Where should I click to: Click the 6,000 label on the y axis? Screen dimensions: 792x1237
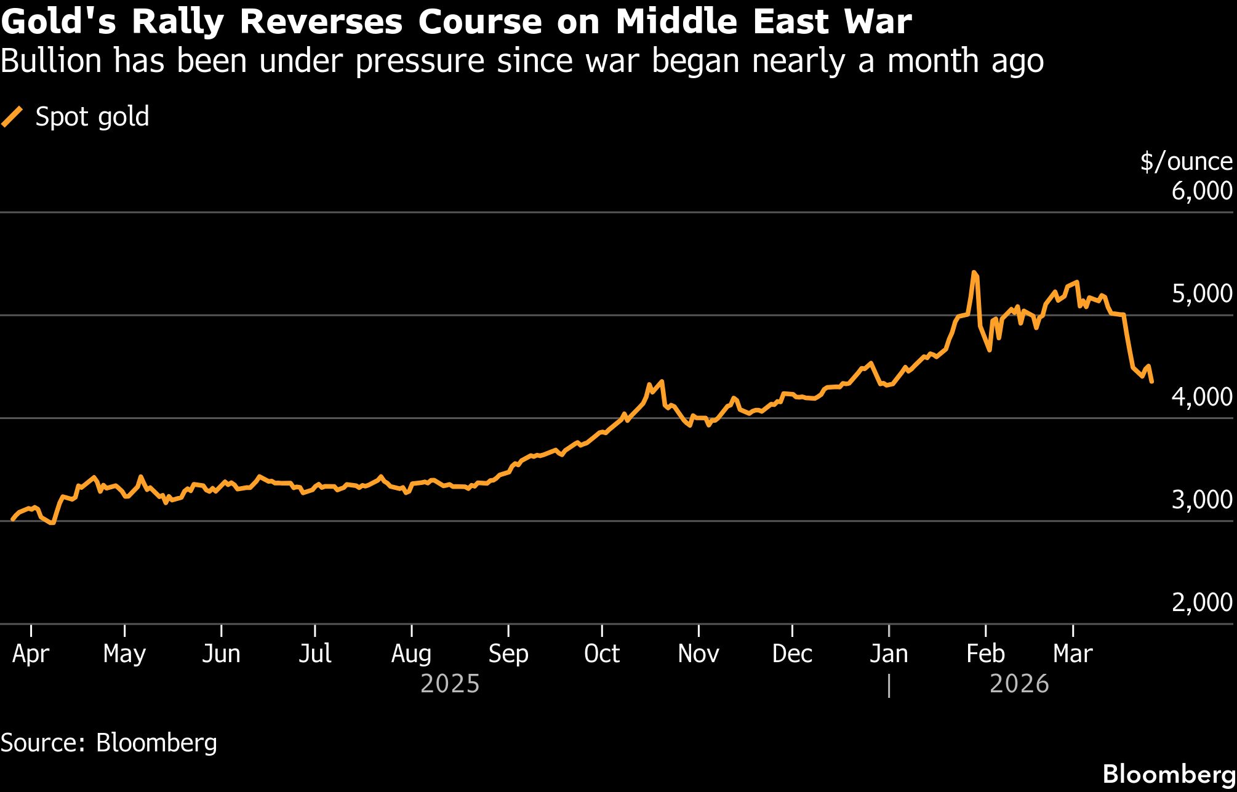pos(1201,191)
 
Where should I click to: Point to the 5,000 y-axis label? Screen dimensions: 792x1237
pos(1201,294)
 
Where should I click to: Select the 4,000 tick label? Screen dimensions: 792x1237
pos(1201,397)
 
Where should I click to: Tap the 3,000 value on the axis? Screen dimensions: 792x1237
pos(1201,500)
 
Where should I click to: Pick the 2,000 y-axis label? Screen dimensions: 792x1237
pos(1201,602)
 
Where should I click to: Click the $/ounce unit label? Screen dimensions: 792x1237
pos(1186,162)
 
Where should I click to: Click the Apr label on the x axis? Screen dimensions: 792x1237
pos(30,654)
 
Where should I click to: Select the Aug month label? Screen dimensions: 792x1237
pos(411,654)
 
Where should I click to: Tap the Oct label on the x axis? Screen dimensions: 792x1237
pos(601,654)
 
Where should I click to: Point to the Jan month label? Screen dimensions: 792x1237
pos(889,654)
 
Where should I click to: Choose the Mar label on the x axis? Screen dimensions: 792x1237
pos(1072,654)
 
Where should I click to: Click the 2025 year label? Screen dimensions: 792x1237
pos(450,684)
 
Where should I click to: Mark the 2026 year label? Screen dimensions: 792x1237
pos(1019,684)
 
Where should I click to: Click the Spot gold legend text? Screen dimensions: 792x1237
pos(92,117)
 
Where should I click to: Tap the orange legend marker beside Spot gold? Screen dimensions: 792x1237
pos(12,117)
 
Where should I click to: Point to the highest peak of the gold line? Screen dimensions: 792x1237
pos(974,272)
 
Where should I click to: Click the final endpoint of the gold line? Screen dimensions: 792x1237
pos(1151,382)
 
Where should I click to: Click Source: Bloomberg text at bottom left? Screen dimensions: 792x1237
pos(109,743)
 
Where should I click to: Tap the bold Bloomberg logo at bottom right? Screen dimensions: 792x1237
pos(1169,774)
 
